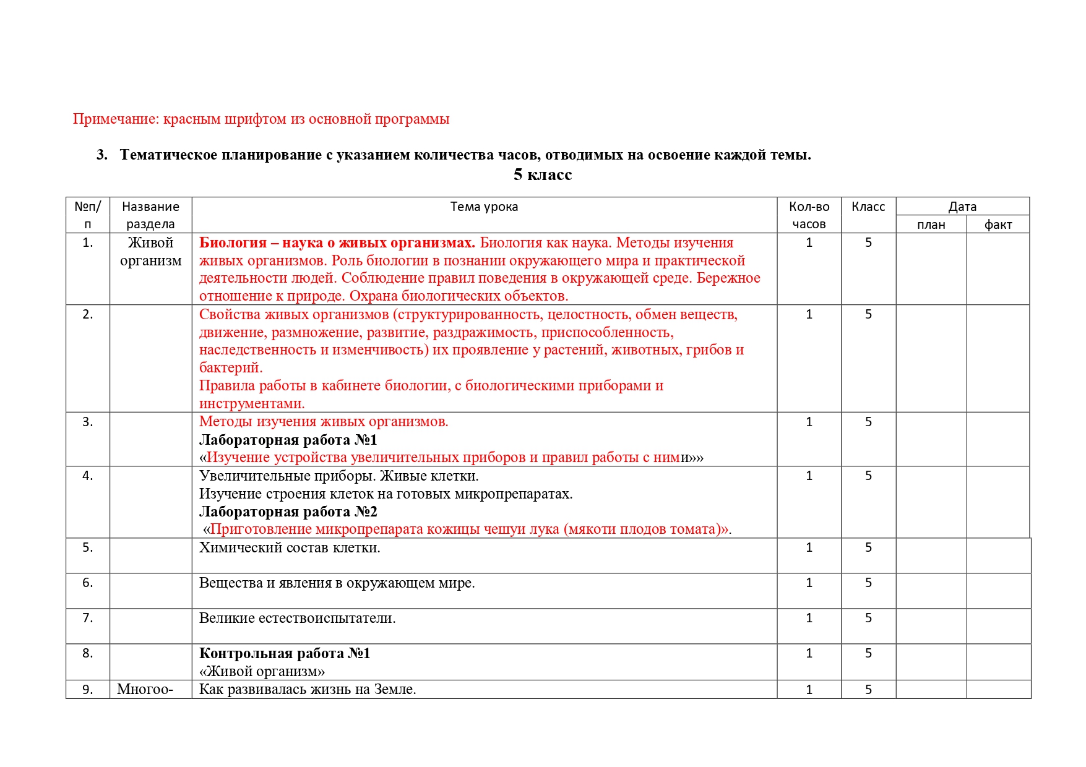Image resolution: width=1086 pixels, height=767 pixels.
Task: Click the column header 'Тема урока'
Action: (484, 207)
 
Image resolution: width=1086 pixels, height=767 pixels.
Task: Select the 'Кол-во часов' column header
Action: (809, 215)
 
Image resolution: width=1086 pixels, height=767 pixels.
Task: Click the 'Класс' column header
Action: (868, 207)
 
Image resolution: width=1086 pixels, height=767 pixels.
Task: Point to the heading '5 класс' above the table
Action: (542, 175)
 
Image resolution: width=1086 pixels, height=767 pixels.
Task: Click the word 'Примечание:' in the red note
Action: (116, 119)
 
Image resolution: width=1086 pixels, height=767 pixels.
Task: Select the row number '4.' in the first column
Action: (88, 476)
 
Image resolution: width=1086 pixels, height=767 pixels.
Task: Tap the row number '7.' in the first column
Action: (88, 619)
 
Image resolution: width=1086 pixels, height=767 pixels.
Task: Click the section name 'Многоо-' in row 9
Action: (145, 690)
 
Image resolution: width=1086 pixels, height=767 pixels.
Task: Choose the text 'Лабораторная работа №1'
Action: (288, 440)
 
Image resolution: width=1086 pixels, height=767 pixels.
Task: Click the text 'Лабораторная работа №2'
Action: (288, 512)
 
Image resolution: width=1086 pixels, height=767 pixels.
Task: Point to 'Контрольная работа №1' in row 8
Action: (285, 654)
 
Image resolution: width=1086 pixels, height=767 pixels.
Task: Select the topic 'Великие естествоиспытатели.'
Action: (297, 619)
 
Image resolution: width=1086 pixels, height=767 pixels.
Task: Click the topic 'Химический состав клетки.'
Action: (290, 548)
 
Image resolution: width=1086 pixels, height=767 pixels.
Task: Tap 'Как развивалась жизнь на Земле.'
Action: (308, 690)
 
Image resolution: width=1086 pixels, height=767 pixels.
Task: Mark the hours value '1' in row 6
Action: (809, 583)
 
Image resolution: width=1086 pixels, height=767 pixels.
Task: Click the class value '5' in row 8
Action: (868, 654)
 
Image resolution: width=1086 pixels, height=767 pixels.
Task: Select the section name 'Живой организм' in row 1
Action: (150, 252)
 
